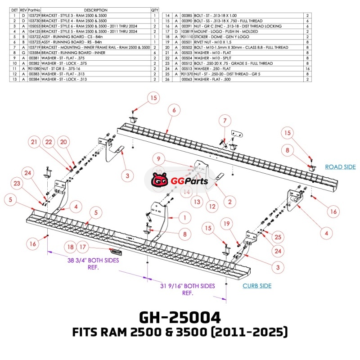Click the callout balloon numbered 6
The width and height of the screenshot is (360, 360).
pyautogui.click(x=174, y=109)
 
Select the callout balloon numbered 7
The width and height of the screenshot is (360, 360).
pyautogui.click(x=224, y=120)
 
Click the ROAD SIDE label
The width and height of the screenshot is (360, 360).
pyautogui.click(x=340, y=167)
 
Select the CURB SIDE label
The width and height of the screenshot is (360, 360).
pyautogui.click(x=257, y=286)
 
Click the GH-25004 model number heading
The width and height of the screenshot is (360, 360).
pyautogui.click(x=180, y=318)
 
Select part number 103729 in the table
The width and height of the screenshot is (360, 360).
pyautogui.click(x=34, y=15)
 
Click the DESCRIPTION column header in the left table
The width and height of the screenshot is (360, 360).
pyautogui.click(x=95, y=10)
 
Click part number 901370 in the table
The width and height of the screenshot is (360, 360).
pyautogui.click(x=187, y=74)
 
